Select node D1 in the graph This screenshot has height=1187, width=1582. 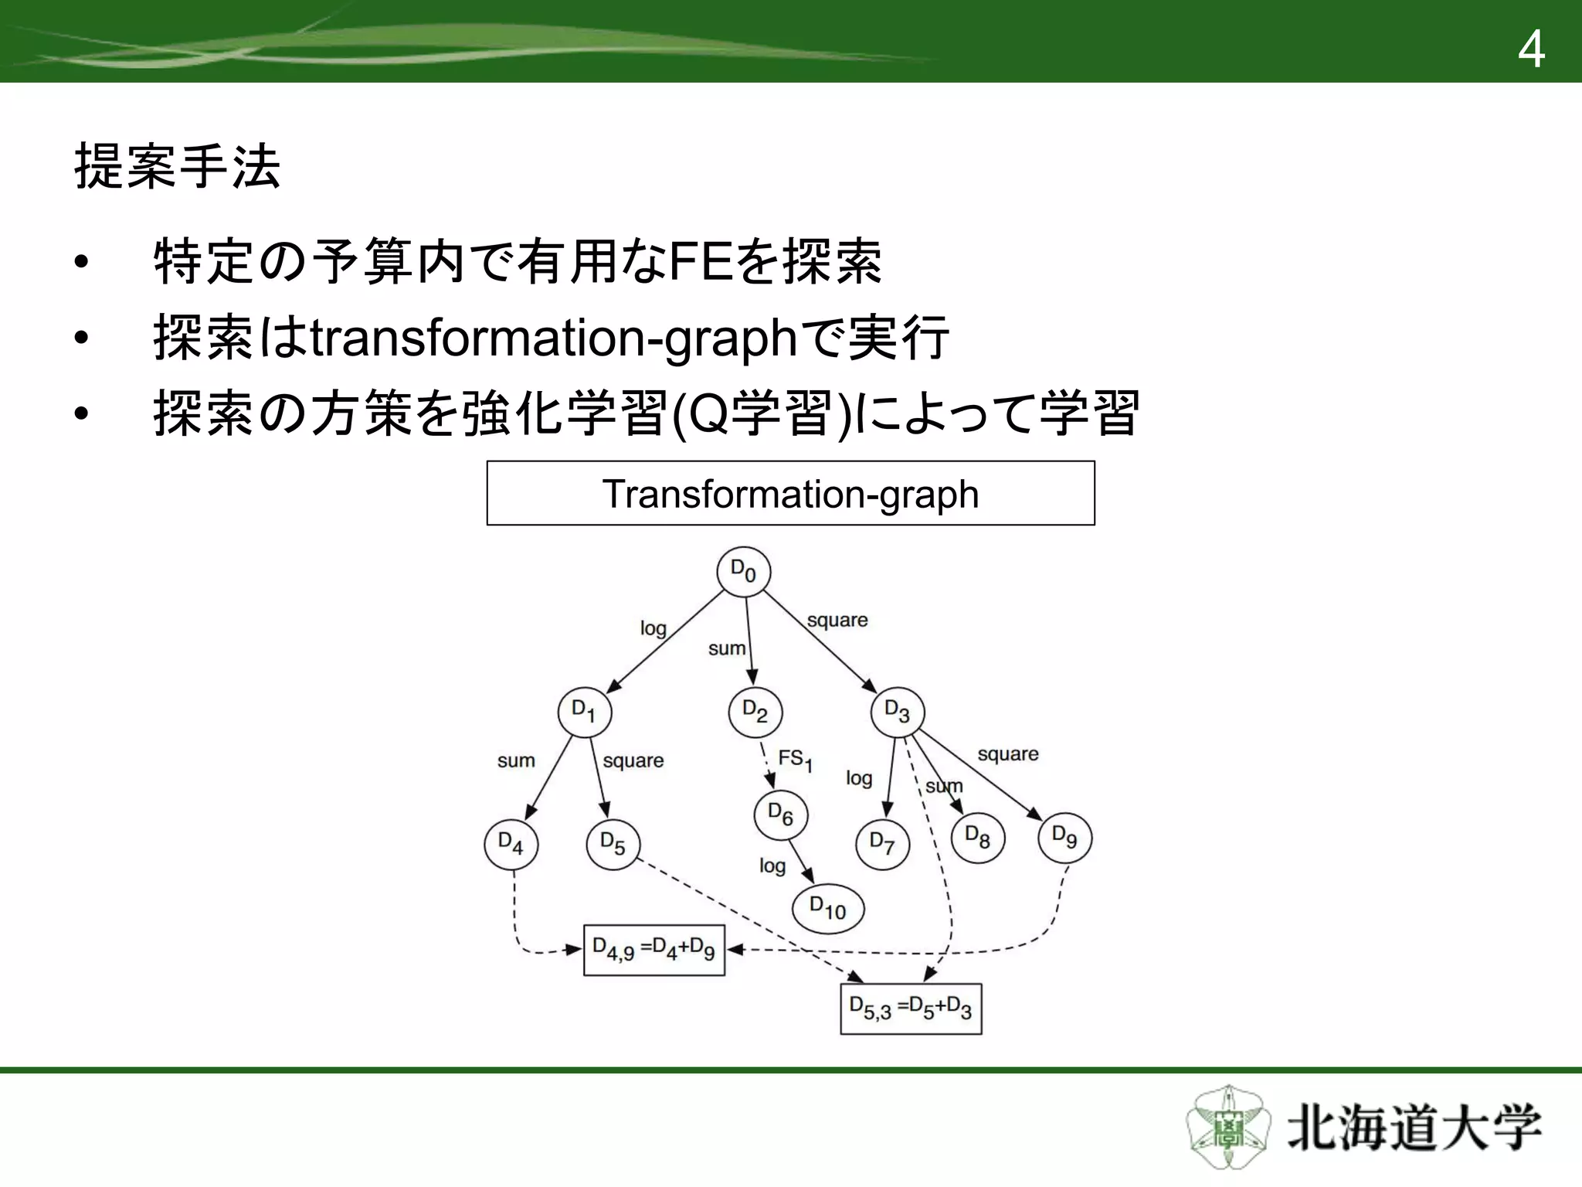point(585,712)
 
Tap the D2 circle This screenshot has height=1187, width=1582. point(755,712)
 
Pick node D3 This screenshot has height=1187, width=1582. point(898,712)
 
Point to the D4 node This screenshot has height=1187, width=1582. point(511,844)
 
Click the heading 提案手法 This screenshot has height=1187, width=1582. point(178,166)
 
